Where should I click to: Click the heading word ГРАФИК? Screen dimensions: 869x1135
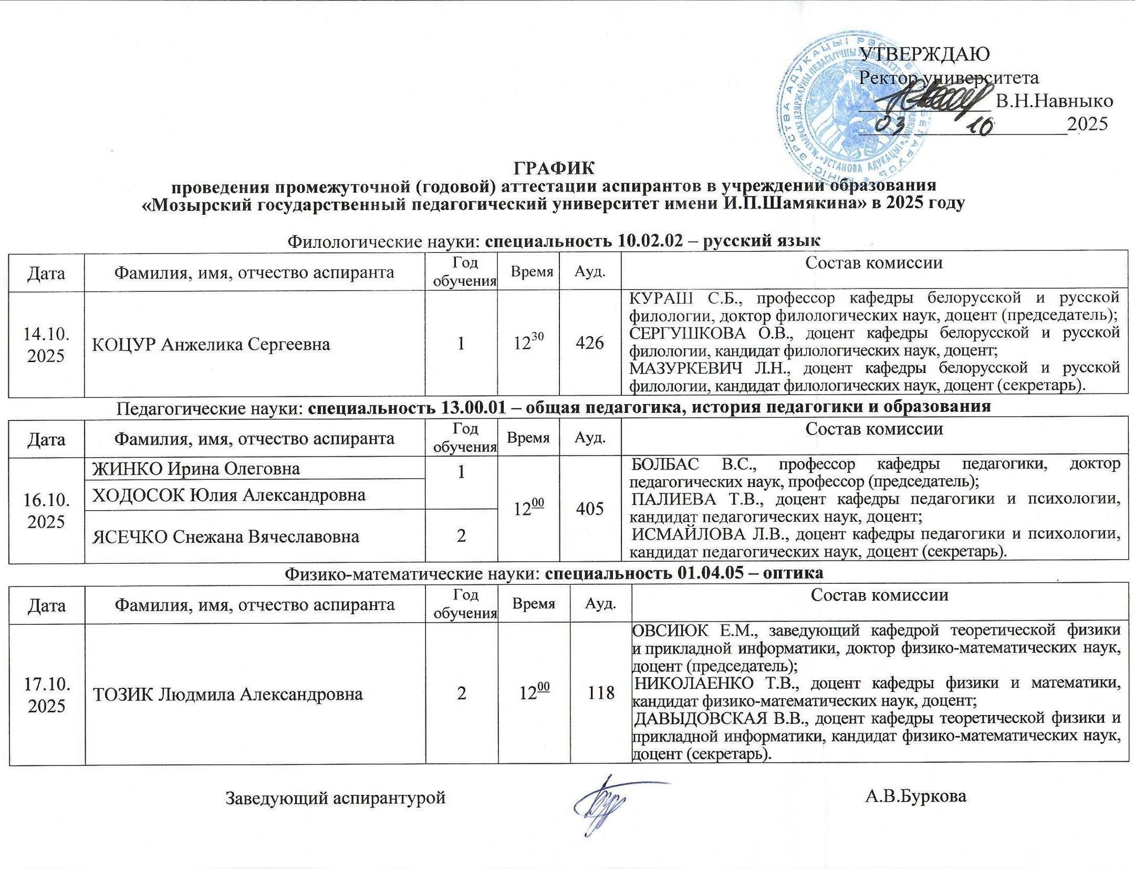point(554,168)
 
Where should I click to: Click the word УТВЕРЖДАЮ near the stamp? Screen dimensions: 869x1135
point(924,53)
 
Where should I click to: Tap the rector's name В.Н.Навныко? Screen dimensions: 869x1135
point(1054,100)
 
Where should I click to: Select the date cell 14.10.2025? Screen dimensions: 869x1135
point(46,345)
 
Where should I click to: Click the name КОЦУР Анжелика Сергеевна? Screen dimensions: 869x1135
point(211,345)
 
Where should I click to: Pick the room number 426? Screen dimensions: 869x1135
point(589,343)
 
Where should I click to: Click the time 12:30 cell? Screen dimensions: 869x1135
point(528,343)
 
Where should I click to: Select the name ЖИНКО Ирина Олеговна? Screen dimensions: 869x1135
point(196,468)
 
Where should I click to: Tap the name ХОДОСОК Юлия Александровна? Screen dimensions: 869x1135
point(228,494)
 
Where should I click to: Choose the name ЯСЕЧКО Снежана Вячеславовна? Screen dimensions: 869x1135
point(226,536)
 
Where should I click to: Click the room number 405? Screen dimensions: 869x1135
point(589,509)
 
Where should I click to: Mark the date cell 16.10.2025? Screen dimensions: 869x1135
point(46,510)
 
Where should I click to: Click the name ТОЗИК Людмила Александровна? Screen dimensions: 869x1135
point(227,694)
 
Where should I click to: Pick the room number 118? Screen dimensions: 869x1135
point(601,693)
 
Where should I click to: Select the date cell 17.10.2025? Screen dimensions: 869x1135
point(46,695)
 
